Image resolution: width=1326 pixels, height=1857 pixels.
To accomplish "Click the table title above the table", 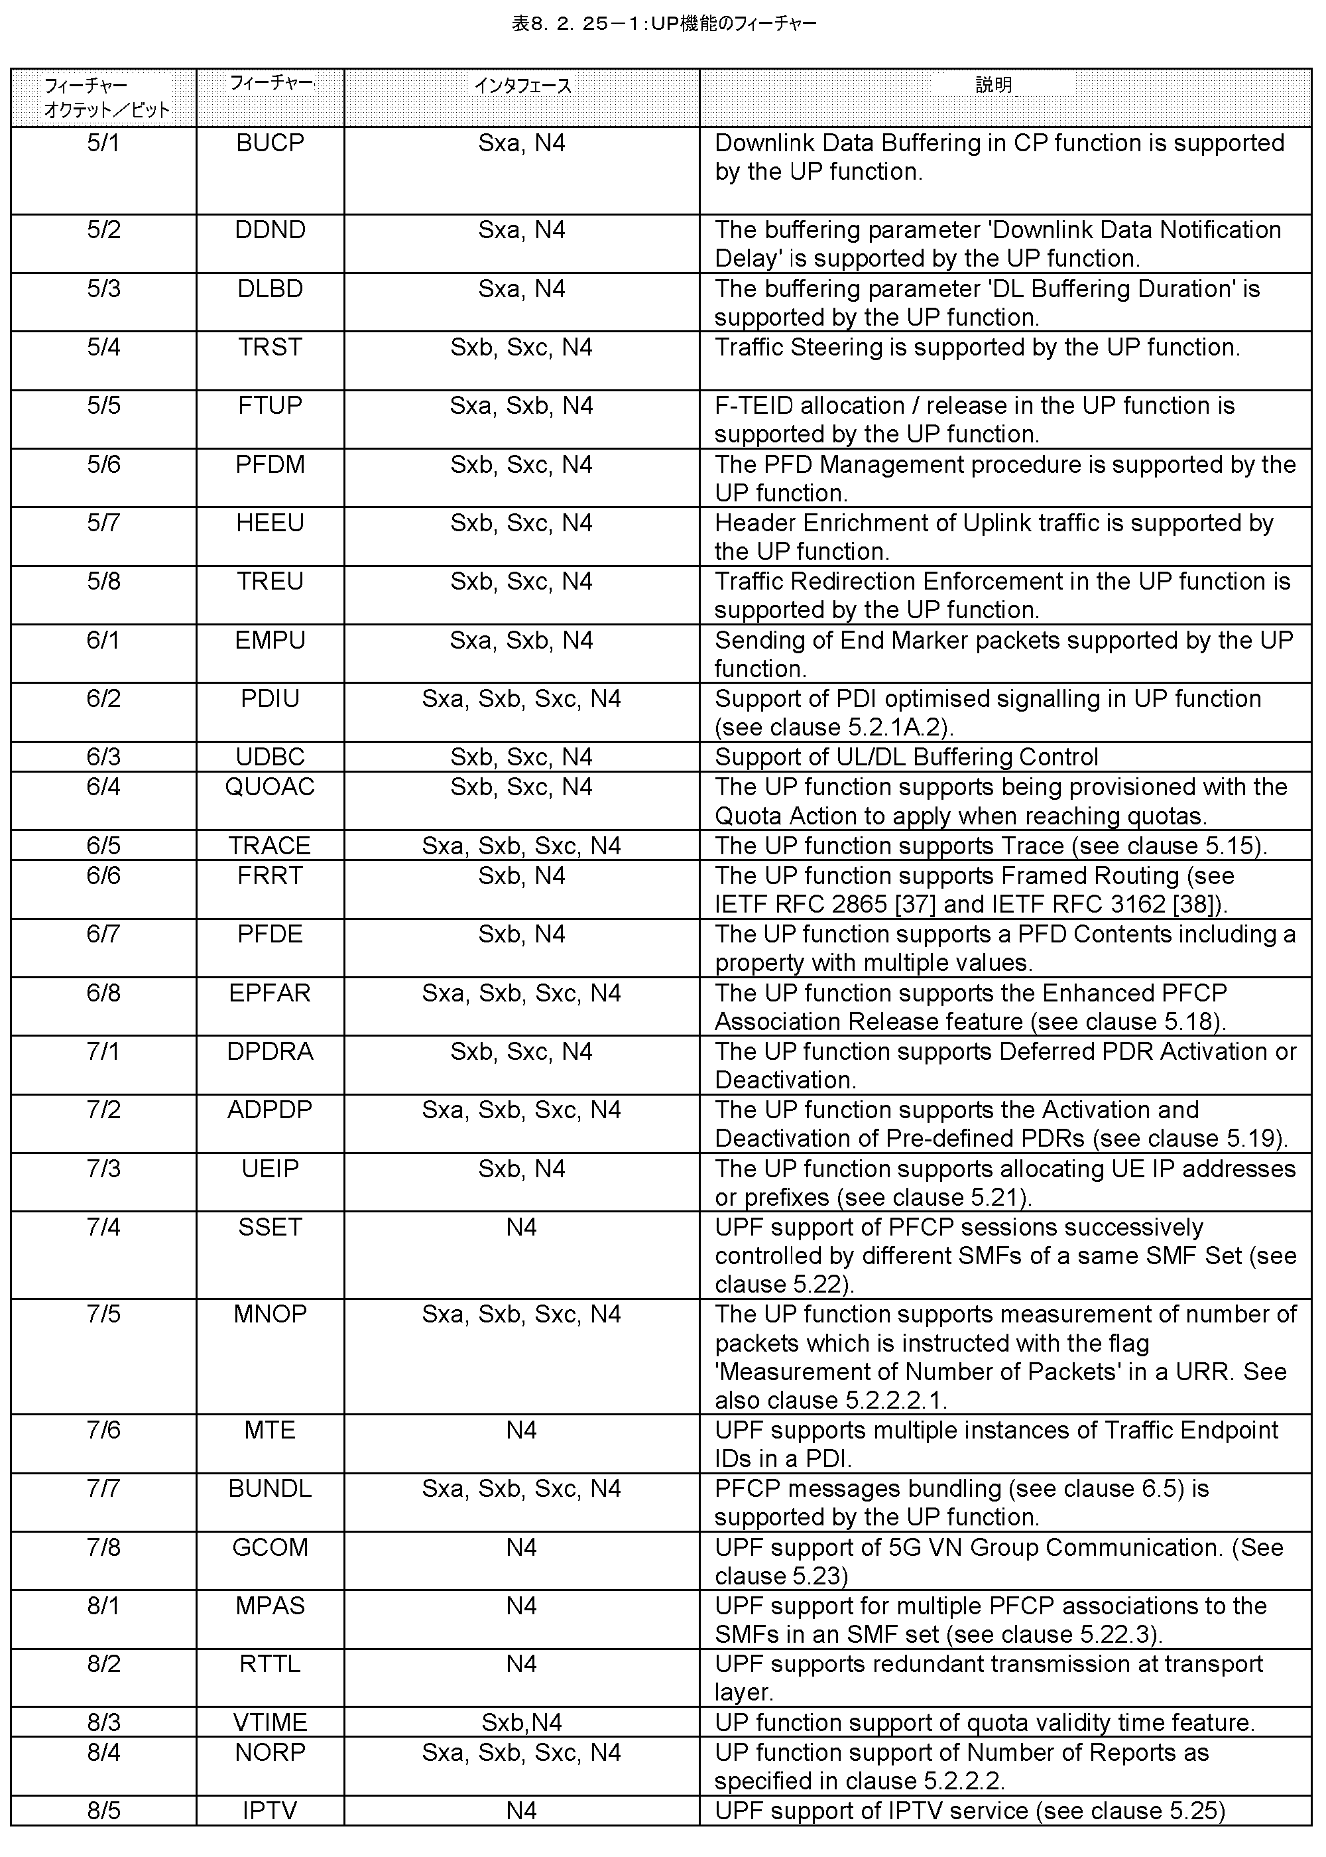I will coord(663,24).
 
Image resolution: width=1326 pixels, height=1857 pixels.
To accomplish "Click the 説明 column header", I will coord(994,85).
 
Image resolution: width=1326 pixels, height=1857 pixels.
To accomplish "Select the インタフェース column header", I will coord(522,86).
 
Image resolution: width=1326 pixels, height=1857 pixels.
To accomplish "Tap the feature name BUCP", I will coord(271,143).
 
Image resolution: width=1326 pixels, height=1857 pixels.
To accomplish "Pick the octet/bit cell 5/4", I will coord(103,347).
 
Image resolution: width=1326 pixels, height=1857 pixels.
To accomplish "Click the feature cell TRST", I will coord(271,347).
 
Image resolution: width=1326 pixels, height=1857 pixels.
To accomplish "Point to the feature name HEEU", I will coord(271,523).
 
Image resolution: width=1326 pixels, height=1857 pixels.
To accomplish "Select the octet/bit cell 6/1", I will coord(103,640).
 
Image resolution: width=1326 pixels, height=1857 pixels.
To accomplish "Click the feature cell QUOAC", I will coord(271,787).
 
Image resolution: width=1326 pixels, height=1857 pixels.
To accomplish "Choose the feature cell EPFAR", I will coord(271,993).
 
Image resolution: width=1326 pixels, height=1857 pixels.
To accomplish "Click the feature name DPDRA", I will coord(271,1051).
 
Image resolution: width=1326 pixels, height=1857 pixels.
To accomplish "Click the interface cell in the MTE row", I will coord(522,1430).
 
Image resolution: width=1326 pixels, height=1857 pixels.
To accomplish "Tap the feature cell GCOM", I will coord(271,1547).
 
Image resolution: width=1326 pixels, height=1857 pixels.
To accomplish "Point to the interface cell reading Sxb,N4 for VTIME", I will coord(522,1722).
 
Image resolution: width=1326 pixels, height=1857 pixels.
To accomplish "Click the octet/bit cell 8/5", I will coord(103,1811).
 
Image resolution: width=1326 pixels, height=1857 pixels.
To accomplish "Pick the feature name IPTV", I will coord(271,1811).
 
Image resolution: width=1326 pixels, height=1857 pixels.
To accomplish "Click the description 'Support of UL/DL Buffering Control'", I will coord(906,757).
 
